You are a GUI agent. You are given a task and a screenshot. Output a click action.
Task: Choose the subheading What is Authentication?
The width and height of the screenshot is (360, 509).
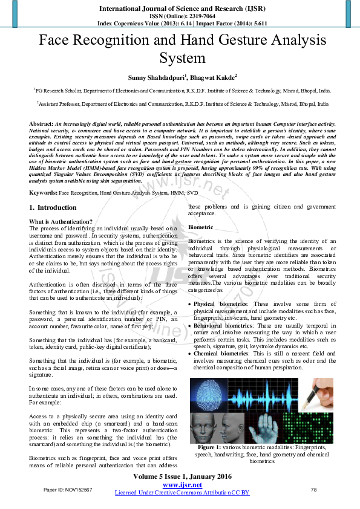point(61,222)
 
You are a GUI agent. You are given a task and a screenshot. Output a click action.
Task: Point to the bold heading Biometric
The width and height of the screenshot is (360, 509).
point(200,227)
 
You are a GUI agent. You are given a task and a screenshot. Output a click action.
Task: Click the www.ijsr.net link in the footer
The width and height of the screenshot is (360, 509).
point(182,485)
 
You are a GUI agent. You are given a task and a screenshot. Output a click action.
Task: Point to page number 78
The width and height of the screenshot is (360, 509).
point(313,489)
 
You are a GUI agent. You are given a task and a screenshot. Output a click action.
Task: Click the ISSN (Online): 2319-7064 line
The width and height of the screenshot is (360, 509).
point(179,17)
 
